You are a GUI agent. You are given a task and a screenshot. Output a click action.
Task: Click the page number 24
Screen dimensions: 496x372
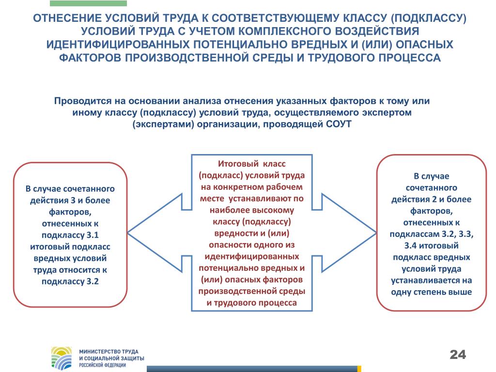click(458, 354)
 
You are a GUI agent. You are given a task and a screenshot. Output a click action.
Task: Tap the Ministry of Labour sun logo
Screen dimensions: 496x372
click(62, 358)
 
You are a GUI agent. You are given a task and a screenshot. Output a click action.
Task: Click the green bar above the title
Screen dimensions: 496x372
click(88, 3)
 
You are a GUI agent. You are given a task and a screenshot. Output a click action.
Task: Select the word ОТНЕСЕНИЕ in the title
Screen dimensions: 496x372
click(67, 18)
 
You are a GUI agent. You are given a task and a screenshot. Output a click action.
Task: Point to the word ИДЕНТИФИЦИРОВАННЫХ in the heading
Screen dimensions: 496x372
click(118, 44)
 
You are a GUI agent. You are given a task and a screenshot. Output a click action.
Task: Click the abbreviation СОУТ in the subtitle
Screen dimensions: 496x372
click(339, 124)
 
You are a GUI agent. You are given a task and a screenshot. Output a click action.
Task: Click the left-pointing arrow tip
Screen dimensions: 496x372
click(128, 233)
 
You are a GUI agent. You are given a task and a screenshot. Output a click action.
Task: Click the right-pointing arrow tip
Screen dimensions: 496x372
click(376, 233)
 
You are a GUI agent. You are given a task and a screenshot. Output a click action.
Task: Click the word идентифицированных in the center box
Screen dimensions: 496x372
click(252, 256)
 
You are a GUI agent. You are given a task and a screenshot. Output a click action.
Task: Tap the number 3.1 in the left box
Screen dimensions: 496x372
click(92, 235)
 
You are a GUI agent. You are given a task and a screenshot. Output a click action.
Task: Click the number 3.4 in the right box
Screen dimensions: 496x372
click(411, 246)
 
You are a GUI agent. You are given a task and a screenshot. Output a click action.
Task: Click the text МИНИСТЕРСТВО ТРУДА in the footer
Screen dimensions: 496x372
click(108, 352)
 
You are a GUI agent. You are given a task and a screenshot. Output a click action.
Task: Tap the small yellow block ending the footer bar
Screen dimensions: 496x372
click(359, 369)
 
